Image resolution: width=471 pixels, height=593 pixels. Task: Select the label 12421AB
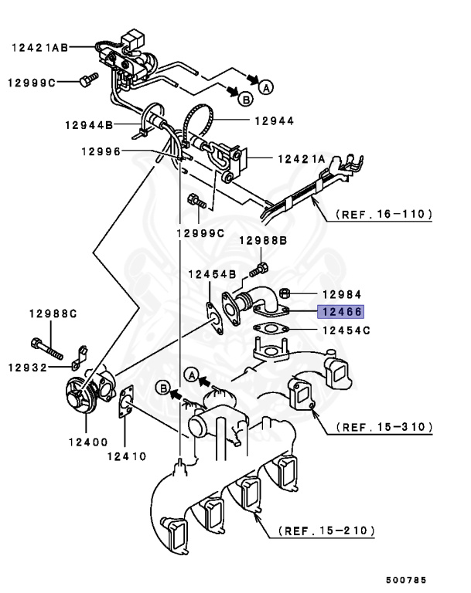(x=39, y=47)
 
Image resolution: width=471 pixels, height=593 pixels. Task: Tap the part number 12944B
(x=88, y=124)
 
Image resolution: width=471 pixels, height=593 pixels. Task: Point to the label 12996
(x=100, y=152)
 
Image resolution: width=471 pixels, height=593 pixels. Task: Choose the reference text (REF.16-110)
(x=384, y=214)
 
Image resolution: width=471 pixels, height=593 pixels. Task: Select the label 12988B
(x=262, y=241)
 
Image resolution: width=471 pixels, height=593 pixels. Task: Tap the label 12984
(x=341, y=294)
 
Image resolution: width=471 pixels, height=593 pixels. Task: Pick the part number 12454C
(x=346, y=330)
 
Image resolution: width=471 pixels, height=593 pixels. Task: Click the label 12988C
(x=53, y=313)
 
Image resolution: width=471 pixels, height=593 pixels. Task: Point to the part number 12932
(x=32, y=367)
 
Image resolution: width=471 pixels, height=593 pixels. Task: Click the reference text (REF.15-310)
(x=384, y=426)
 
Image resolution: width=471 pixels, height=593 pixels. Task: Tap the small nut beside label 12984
(x=285, y=293)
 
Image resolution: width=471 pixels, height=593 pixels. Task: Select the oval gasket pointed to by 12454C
(x=270, y=330)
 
